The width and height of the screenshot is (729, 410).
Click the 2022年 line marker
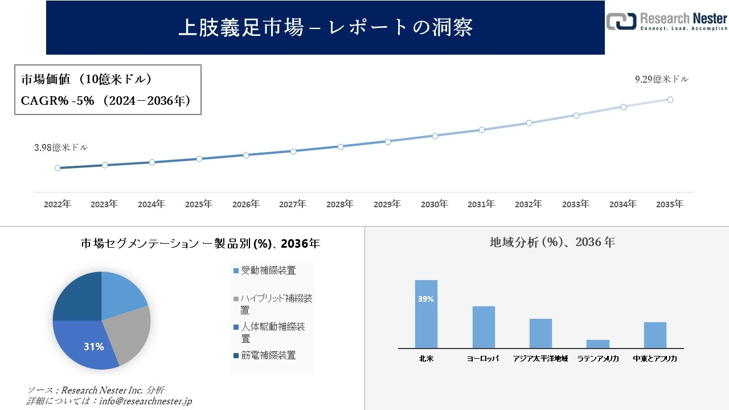(58, 168)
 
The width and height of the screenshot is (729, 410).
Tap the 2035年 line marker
(670, 100)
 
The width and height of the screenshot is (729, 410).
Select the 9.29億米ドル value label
(662, 80)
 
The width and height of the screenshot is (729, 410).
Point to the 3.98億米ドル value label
(61, 147)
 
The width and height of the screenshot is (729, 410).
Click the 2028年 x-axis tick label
(340, 204)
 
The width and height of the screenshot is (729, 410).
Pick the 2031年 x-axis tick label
(481, 204)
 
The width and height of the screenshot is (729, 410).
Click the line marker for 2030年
(435, 136)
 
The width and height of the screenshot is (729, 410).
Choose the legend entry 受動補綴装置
(268, 270)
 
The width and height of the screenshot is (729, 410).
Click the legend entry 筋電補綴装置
(268, 355)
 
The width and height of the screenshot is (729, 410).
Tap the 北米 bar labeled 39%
(426, 314)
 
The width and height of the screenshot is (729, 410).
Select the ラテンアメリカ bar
(597, 344)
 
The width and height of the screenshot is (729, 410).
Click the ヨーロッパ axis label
(483, 359)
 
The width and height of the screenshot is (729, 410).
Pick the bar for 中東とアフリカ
(655, 335)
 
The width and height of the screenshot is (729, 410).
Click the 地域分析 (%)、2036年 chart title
(552, 242)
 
